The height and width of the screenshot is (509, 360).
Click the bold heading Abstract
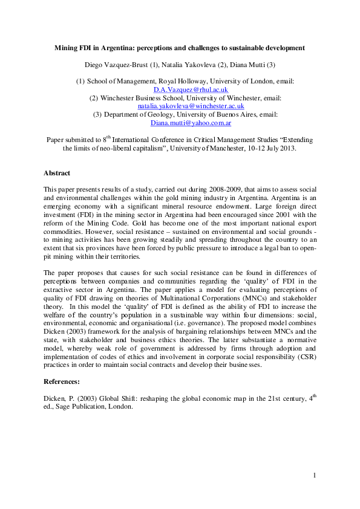coord(57,173)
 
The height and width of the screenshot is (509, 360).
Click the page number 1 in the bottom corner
coord(315,476)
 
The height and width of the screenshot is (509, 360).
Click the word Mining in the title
coord(66,47)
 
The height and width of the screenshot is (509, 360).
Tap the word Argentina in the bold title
coord(126,47)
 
